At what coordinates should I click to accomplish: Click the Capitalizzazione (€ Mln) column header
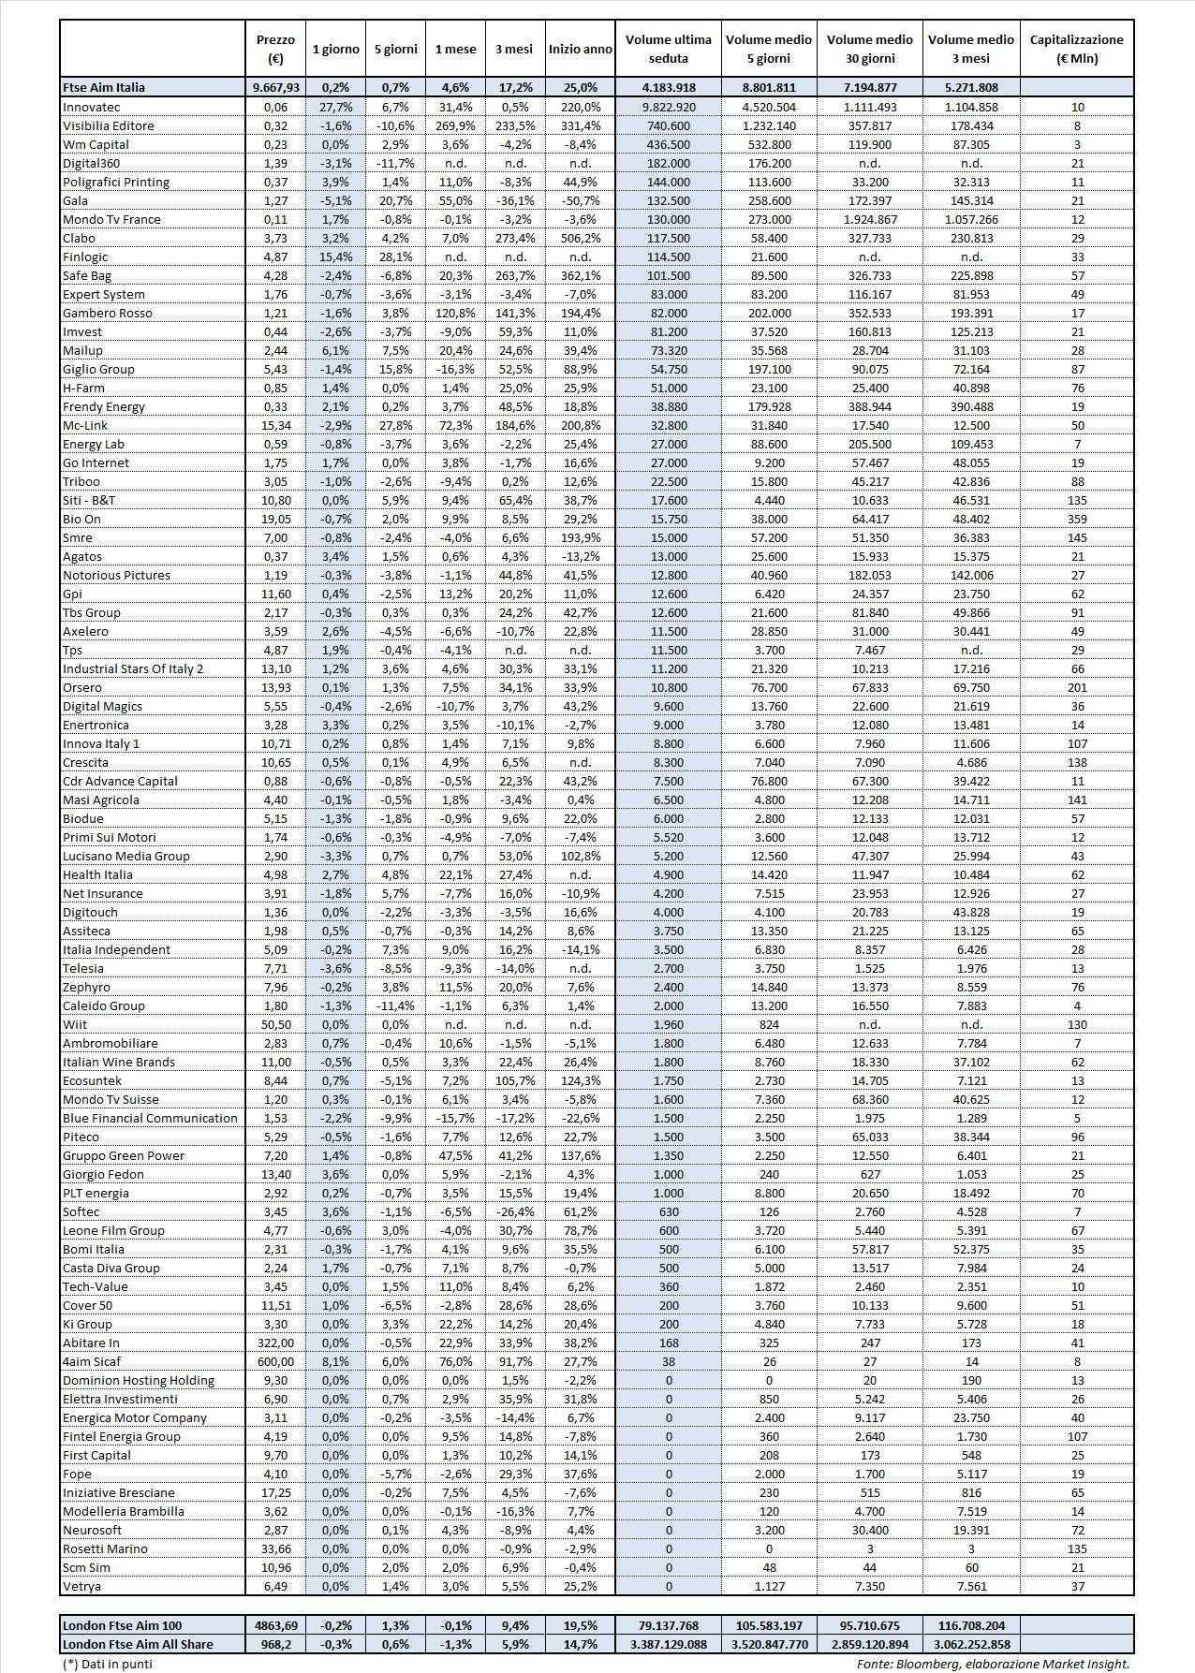(1076, 49)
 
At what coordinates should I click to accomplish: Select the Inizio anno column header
(581, 49)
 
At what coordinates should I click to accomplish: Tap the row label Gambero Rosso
(107, 313)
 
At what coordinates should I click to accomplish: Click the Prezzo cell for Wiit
(274, 1024)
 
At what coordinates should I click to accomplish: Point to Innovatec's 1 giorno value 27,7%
(335, 107)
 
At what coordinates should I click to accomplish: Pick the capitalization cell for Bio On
(1076, 519)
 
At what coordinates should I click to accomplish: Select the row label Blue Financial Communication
(150, 1118)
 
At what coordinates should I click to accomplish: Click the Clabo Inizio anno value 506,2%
(581, 238)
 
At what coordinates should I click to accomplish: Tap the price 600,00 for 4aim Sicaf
(274, 1361)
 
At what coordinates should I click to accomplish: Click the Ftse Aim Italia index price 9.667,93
(274, 87)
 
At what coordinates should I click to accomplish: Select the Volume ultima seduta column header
(669, 49)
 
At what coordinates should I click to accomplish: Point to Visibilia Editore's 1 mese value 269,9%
(454, 125)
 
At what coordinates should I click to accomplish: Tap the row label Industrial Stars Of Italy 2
(133, 668)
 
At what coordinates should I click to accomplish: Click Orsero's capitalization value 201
(1076, 687)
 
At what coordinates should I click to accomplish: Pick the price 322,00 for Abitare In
(274, 1343)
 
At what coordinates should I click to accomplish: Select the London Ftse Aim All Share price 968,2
(274, 1644)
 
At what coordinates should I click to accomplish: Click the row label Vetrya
(81, 1586)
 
